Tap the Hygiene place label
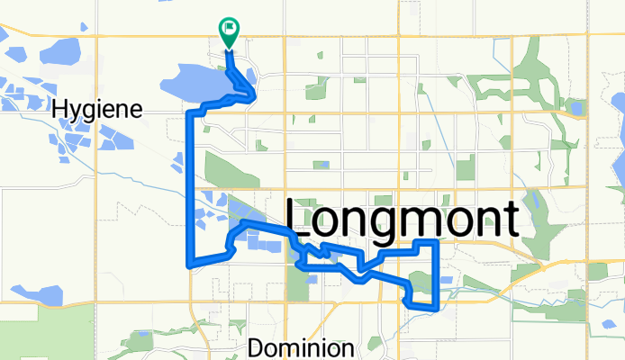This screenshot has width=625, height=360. point(99,110)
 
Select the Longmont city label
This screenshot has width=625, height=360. point(403,219)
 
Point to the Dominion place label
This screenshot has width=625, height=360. point(301,347)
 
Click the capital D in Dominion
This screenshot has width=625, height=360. point(256,347)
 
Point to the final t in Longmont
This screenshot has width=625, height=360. point(511,219)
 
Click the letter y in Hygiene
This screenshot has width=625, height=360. point(77,112)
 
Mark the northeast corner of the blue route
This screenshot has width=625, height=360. point(437,242)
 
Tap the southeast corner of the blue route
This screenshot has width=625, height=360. point(436,307)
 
